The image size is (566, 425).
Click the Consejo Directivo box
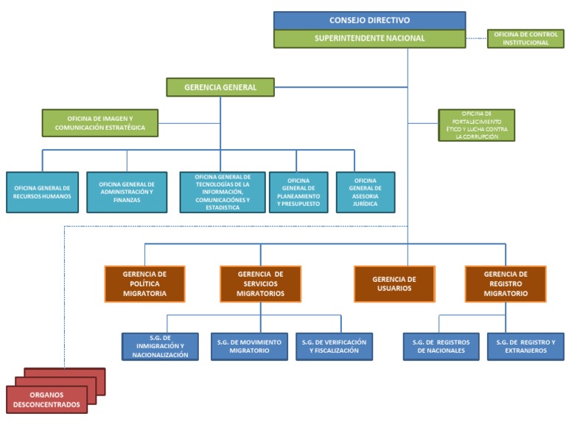tap(370, 21)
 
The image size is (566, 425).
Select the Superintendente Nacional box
tap(370, 38)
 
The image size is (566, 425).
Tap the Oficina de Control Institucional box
tap(525, 38)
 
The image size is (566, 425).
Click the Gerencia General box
tap(220, 87)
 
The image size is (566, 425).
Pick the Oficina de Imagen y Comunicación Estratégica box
tap(100, 123)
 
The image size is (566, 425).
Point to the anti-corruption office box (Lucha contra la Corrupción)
tap(477, 125)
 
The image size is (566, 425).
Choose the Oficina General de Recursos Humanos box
tap(42, 193)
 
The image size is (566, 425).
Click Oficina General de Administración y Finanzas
tap(127, 193)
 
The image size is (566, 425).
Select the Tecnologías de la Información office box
tap(223, 193)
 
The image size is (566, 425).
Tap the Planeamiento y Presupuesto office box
tap(298, 193)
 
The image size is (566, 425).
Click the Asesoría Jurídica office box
tap(366, 193)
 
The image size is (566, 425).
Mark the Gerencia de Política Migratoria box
tap(144, 284)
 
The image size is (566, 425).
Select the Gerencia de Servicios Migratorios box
tap(260, 284)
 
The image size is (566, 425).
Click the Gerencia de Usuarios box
tap(394, 284)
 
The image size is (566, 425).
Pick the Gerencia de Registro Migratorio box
tap(506, 284)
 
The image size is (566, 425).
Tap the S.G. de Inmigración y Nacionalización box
tap(160, 347)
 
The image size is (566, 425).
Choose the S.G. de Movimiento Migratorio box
tap(249, 347)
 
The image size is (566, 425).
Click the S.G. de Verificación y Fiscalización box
tap(334, 347)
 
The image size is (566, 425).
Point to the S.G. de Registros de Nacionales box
tap(441, 347)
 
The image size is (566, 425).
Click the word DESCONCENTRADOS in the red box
tap(46, 404)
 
